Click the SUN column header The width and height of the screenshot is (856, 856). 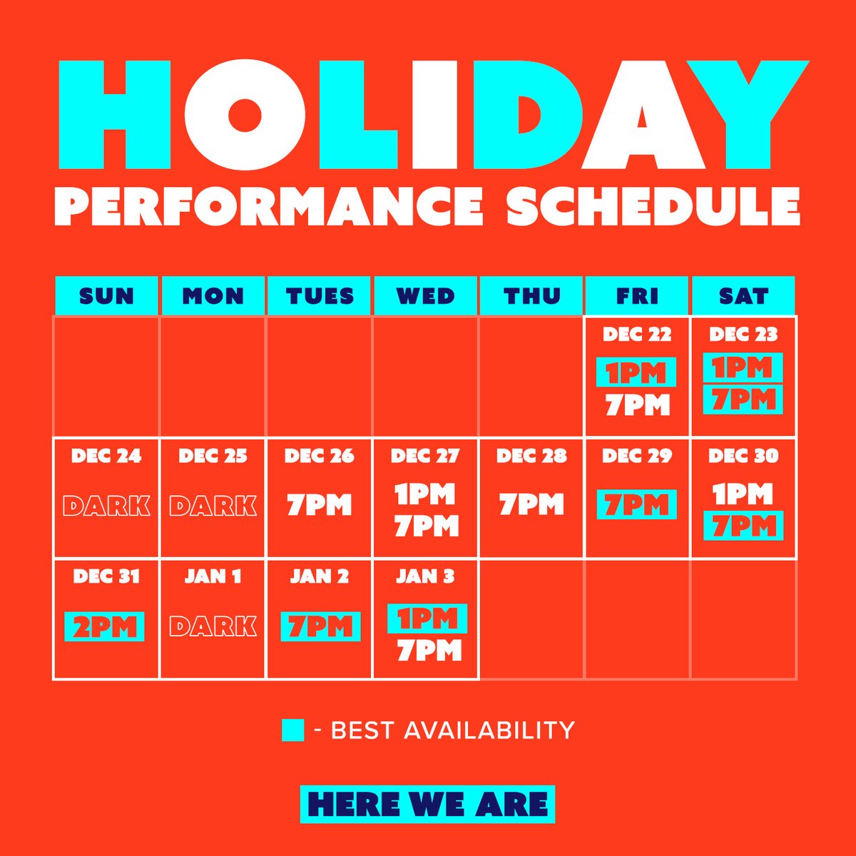pos(106,295)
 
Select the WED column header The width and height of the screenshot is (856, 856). pos(425,295)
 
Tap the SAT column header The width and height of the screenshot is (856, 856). pos(743,295)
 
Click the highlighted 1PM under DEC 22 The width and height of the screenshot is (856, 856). pos(636,372)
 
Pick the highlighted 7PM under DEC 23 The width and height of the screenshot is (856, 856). pos(743,399)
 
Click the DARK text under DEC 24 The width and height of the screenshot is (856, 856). pos(106,506)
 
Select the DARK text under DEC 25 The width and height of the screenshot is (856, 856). pos(213,506)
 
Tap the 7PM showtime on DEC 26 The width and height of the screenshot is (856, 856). pos(319,505)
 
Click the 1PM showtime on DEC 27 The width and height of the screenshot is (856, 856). pos(425,493)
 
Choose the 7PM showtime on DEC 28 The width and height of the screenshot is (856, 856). pos(531,504)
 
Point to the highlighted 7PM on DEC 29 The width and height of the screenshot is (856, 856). pos(636,504)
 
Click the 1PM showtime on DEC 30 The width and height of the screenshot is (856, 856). pos(743,493)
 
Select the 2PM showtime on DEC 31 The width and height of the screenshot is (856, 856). pos(104,626)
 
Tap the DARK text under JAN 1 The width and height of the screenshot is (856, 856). pos(213,626)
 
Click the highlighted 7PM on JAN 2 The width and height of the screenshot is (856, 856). pos(320,626)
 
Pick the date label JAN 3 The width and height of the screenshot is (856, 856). pos(425,576)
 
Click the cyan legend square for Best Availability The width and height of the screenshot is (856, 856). pos(292,730)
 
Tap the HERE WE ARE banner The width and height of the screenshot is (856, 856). pos(427,804)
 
